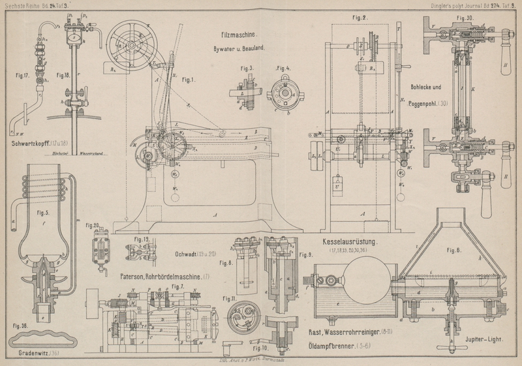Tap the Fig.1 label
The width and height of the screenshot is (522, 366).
click(190, 80)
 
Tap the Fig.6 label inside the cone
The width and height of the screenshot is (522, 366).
click(454, 250)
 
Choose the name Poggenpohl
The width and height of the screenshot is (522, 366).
click(429, 104)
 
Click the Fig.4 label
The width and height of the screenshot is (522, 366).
click(284, 68)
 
